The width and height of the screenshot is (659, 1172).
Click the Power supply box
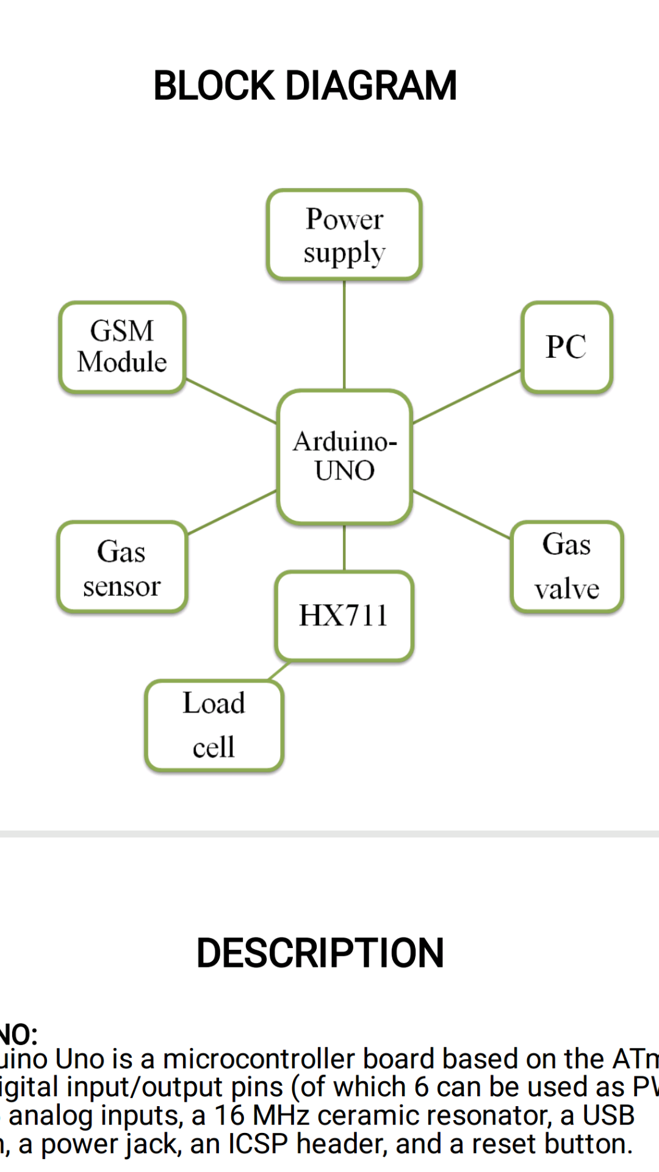[344, 235]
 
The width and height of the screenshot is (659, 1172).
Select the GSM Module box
[122, 347]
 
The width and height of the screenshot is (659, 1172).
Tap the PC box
[567, 347]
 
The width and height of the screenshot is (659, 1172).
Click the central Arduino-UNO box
[345, 457]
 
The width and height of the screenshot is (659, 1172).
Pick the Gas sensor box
[122, 567]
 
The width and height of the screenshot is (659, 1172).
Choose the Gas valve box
[567, 567]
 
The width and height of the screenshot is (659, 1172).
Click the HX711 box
[344, 616]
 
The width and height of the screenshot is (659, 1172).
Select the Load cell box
[214, 725]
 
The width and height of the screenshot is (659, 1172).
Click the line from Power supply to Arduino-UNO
[344, 335]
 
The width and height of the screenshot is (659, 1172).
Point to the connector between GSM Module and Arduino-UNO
[231, 400]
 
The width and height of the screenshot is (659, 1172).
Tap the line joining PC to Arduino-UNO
[467, 397]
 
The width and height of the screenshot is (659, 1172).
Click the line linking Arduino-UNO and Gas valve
[462, 515]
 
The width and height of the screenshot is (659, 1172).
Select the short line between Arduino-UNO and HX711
[344, 548]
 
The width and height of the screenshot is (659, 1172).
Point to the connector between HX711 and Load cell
[279, 671]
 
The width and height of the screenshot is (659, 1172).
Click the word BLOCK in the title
[214, 85]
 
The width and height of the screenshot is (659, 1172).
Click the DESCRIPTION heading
[320, 953]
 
